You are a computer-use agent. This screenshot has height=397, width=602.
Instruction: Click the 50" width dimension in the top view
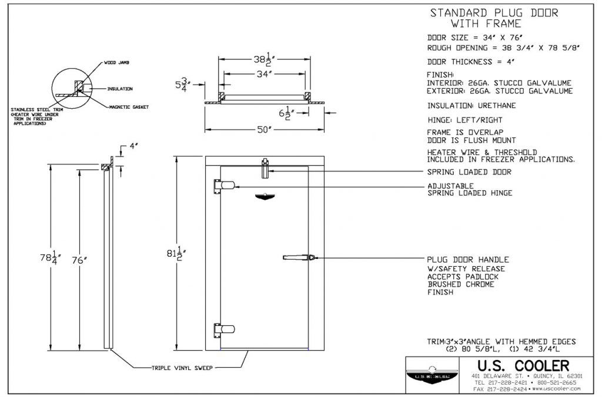point(265,129)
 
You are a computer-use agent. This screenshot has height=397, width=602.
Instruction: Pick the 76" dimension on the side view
point(82,259)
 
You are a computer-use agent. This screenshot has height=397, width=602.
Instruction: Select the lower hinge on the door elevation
point(224,329)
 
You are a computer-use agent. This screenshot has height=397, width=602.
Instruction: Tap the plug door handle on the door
point(299,257)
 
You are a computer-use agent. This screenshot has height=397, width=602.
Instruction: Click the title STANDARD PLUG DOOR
point(494,13)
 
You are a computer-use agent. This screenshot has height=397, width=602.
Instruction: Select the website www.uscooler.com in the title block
point(556,389)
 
